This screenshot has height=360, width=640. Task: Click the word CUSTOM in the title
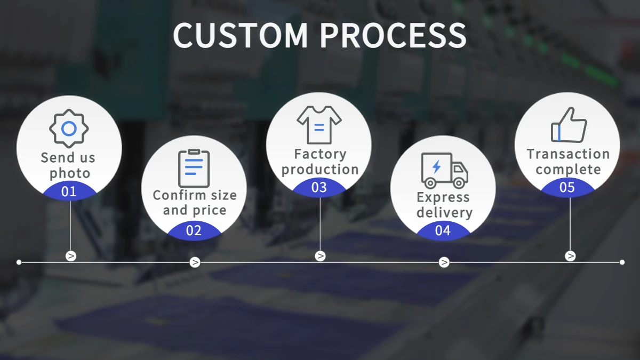point(241,35)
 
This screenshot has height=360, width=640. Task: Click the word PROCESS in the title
point(393,35)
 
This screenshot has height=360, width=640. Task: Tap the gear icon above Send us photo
point(69,129)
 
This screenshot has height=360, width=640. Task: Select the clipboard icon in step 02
point(194,168)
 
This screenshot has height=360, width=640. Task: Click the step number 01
point(69,191)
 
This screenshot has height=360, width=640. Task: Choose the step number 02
point(194,230)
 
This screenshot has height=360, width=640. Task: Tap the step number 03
point(319,188)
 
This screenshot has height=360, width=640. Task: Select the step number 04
point(443,230)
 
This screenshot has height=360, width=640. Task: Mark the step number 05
point(567,188)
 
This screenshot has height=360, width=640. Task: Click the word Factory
point(320,154)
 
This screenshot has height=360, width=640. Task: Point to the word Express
point(443,197)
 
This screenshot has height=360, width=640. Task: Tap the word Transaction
point(568,154)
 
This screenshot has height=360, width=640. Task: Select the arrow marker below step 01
point(71,256)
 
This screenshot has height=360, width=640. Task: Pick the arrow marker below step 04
point(444,262)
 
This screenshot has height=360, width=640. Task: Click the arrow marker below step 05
point(570,256)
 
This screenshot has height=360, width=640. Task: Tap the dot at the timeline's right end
point(622,262)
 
